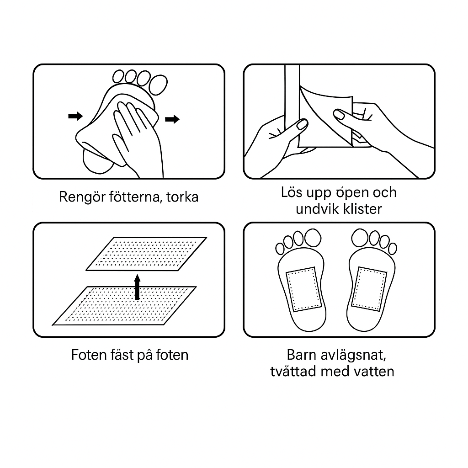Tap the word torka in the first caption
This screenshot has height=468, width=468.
pos(182,197)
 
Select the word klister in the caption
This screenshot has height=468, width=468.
pos(362,209)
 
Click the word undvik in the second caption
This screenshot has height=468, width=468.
pos(317,209)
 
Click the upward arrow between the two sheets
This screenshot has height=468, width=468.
pos(137,287)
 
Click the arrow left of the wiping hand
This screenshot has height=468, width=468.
pos(75,116)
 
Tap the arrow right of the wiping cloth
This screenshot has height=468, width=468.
pos(172,119)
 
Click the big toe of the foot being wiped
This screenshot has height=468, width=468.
pos(159,85)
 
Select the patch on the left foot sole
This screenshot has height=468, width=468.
pos(303,289)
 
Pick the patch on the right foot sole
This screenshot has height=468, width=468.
pos(369,289)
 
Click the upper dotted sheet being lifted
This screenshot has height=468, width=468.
pos(147,254)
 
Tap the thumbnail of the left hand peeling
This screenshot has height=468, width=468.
pos(302,124)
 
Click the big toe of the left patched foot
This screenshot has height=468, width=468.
pos(313,238)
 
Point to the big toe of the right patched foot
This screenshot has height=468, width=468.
pos(360,238)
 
